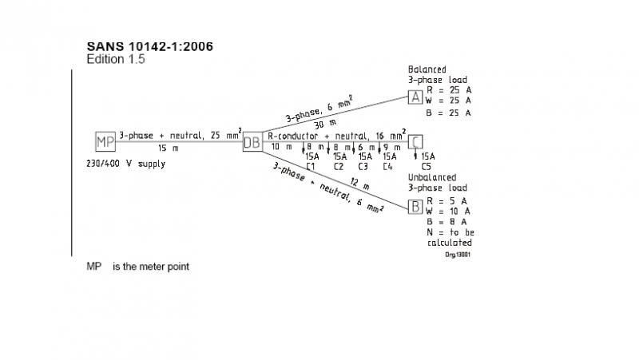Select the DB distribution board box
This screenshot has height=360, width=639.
click(x=252, y=141)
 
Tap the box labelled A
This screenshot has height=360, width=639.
click(x=415, y=97)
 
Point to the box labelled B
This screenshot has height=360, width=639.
click(x=415, y=208)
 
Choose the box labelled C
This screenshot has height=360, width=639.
click(x=415, y=142)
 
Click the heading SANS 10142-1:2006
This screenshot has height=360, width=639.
click(x=149, y=45)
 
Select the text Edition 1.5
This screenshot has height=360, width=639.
click(x=116, y=59)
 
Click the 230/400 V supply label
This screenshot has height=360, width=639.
click(x=125, y=164)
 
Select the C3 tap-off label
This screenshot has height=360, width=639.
click(x=363, y=166)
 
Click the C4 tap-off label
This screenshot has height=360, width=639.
click(x=388, y=166)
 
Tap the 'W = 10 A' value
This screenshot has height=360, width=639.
click(x=449, y=211)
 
